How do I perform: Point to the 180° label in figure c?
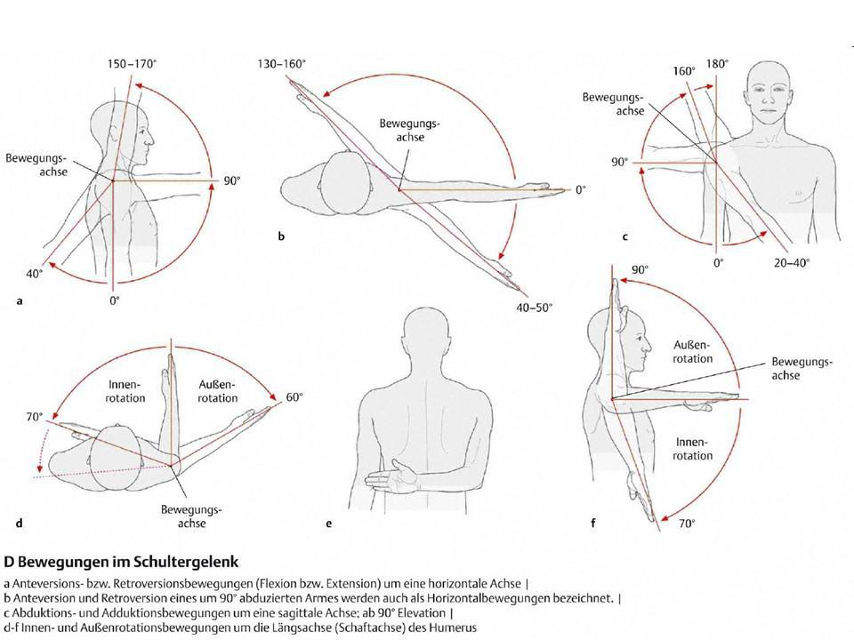tap(717, 64)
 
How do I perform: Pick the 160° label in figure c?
tap(684, 70)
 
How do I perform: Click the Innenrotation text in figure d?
tap(125, 392)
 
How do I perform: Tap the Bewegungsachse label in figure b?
tap(403, 131)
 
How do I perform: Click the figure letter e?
tap(329, 524)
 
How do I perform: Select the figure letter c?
tap(625, 236)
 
